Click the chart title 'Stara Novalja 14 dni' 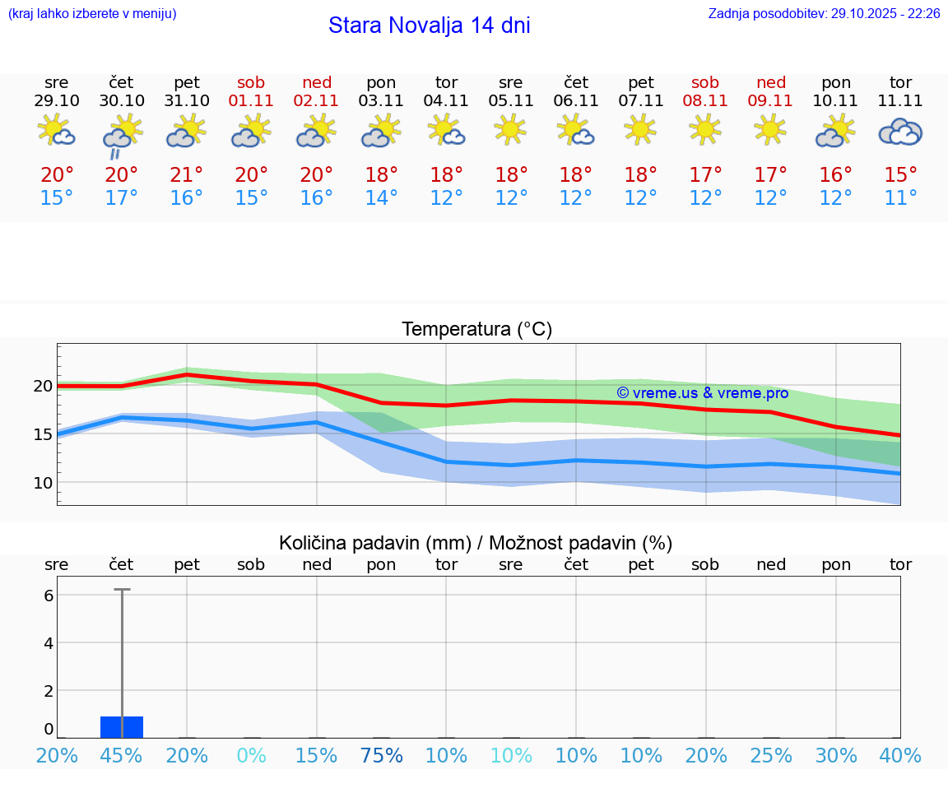click(429, 25)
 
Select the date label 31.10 click(187, 100)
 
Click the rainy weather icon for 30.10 click(122, 134)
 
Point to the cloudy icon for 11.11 click(900, 132)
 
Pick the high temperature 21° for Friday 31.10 click(187, 175)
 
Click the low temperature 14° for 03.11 click(381, 198)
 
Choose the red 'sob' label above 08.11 click(705, 82)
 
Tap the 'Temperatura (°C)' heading click(476, 330)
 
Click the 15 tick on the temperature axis click(43, 433)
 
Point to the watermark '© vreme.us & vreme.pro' click(703, 393)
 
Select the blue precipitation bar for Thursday click(122, 727)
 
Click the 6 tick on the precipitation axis click(49, 595)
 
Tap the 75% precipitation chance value click(381, 756)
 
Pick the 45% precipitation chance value click(122, 756)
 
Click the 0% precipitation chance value click(251, 756)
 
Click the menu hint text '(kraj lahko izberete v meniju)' click(92, 14)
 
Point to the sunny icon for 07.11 click(640, 129)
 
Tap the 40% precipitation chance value click(900, 756)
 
